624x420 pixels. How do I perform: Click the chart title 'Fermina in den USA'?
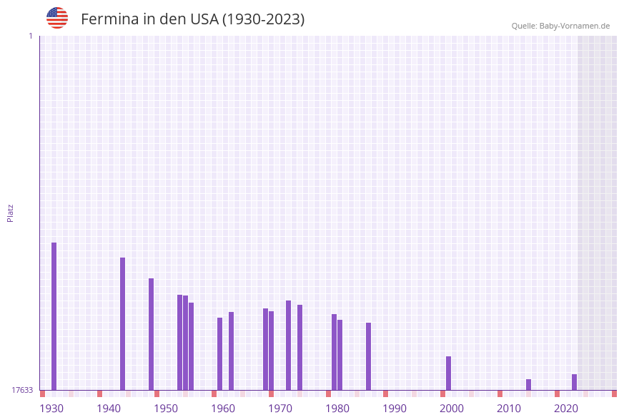pyautogui.click(x=192, y=19)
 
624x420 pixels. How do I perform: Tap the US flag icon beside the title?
pyautogui.click(x=57, y=18)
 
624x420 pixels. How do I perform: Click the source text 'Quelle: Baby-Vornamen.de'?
pyautogui.click(x=560, y=26)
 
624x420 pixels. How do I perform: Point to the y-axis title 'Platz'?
pyautogui.click(x=11, y=213)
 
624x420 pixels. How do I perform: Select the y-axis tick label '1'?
pyautogui.click(x=30, y=36)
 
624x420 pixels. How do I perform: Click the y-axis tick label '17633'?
pyautogui.click(x=22, y=390)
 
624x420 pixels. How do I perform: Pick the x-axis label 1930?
pyautogui.click(x=51, y=409)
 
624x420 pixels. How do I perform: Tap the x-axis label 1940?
pyautogui.click(x=109, y=409)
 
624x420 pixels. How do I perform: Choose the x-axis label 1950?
pyautogui.click(x=166, y=409)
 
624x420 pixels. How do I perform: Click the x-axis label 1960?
pyautogui.click(x=223, y=409)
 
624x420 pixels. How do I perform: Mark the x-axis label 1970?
pyautogui.click(x=280, y=409)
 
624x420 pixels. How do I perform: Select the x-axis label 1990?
pyautogui.click(x=395, y=409)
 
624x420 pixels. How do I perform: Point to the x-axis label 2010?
pyautogui.click(x=509, y=409)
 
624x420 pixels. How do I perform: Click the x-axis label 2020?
pyautogui.click(x=566, y=409)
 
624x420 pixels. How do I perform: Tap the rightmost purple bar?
pyautogui.click(x=574, y=382)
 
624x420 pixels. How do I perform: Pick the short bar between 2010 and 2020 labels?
pyautogui.click(x=528, y=384)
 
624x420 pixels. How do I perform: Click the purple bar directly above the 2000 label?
pyautogui.click(x=448, y=373)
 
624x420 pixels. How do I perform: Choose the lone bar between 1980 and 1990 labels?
pyautogui.click(x=368, y=356)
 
